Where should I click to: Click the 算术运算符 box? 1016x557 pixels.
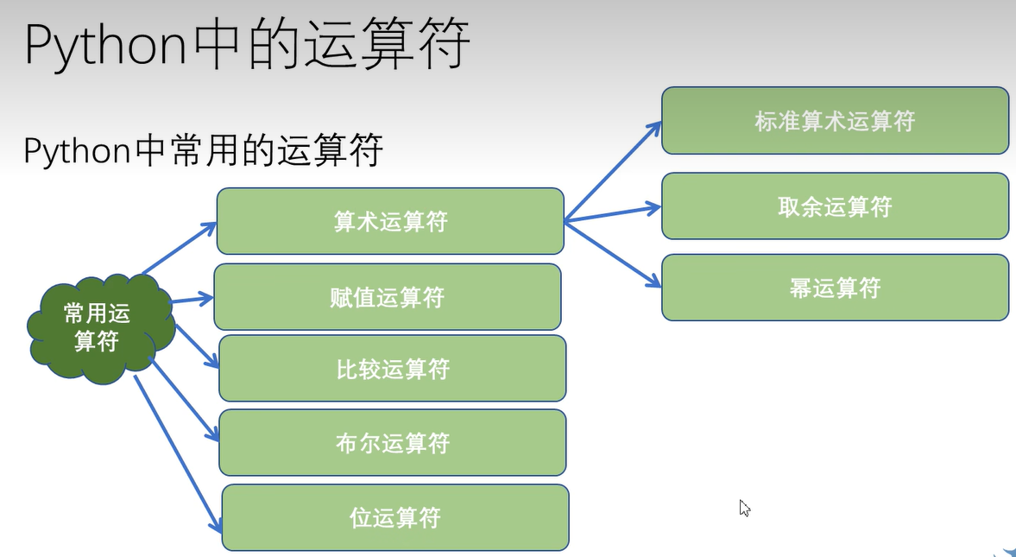(x=390, y=221)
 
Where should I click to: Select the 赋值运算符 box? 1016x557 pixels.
(x=388, y=297)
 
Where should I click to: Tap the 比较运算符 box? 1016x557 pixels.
(x=393, y=368)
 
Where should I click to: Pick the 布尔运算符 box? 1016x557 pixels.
(x=393, y=443)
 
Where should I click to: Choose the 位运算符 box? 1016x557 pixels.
(x=395, y=517)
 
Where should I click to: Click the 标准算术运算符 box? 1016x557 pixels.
(x=836, y=121)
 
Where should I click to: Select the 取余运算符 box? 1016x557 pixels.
(x=836, y=206)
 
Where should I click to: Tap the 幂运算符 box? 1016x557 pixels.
(x=836, y=288)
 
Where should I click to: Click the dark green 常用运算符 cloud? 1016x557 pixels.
(x=100, y=328)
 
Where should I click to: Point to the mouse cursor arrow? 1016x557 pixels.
(x=744, y=508)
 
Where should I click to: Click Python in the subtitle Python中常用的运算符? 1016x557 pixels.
(x=78, y=151)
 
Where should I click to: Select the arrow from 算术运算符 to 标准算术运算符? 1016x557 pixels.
(x=613, y=170)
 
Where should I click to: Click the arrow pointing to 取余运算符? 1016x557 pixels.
(x=613, y=214)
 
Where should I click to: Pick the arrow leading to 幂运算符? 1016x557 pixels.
(x=613, y=254)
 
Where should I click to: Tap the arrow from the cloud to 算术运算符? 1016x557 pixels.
(x=180, y=248)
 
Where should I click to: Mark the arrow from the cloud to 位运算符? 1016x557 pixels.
(x=178, y=454)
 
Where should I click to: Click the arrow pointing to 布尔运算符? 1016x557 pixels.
(x=185, y=399)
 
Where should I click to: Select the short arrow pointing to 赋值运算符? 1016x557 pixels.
(x=192, y=300)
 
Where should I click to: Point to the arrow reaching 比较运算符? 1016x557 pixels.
(x=198, y=346)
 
